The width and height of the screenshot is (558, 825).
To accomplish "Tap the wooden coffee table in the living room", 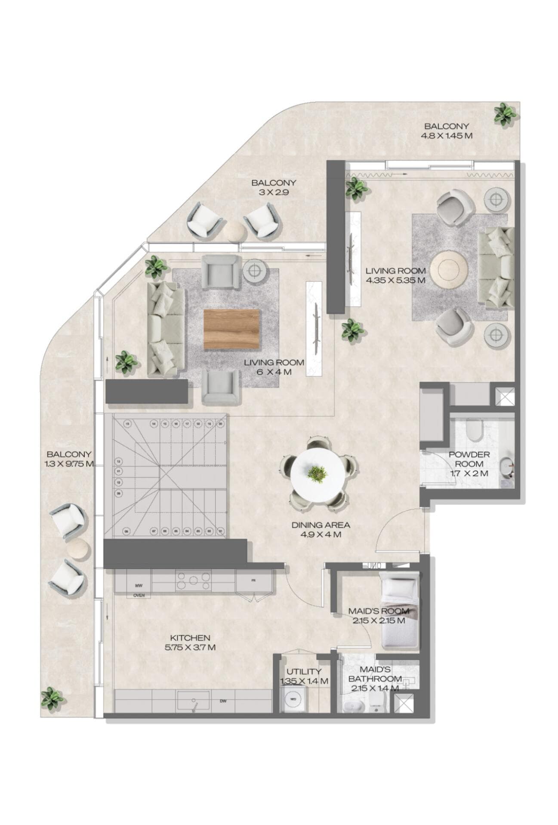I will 232,329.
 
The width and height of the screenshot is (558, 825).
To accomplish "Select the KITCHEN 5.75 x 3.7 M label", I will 190,643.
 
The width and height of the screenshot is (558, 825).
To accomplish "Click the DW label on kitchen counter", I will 223,702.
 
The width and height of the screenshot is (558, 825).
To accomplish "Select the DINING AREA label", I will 321,530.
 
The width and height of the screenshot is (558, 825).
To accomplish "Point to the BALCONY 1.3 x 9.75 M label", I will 69,459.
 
